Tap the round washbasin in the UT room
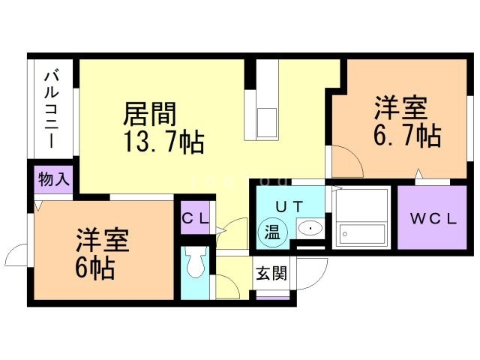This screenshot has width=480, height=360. point(308,229)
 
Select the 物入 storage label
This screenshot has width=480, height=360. point(52,180)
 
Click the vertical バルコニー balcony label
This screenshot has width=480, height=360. point(52,109)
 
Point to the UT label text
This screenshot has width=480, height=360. point(289,206)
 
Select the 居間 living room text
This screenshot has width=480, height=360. point(150,114)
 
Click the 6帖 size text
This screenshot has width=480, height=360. point(94,268)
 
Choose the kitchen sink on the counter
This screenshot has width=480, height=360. point(267,120)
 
